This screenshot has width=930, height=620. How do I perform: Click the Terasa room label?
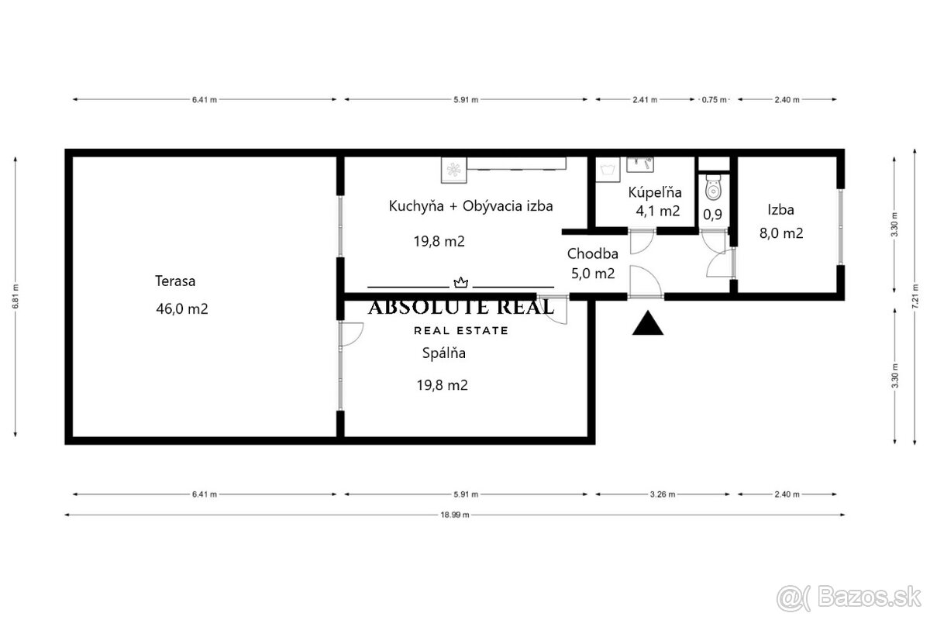(175, 281)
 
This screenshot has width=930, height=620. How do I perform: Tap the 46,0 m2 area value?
(181, 308)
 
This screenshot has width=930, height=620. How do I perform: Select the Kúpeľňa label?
(654, 192)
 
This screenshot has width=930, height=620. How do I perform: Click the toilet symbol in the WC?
(713, 188)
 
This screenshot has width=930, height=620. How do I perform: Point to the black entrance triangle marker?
(648, 322)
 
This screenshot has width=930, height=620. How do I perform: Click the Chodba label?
(592, 253)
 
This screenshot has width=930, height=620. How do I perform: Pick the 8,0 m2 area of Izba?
(780, 232)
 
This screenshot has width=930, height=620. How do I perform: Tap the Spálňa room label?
(443, 353)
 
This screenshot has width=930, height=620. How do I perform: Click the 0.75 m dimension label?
(715, 99)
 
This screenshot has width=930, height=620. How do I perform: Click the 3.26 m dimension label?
(666, 494)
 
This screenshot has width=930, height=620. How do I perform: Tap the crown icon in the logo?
(460, 283)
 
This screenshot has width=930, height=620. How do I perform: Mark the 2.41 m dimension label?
(645, 99)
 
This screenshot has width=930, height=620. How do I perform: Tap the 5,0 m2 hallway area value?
(592, 273)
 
